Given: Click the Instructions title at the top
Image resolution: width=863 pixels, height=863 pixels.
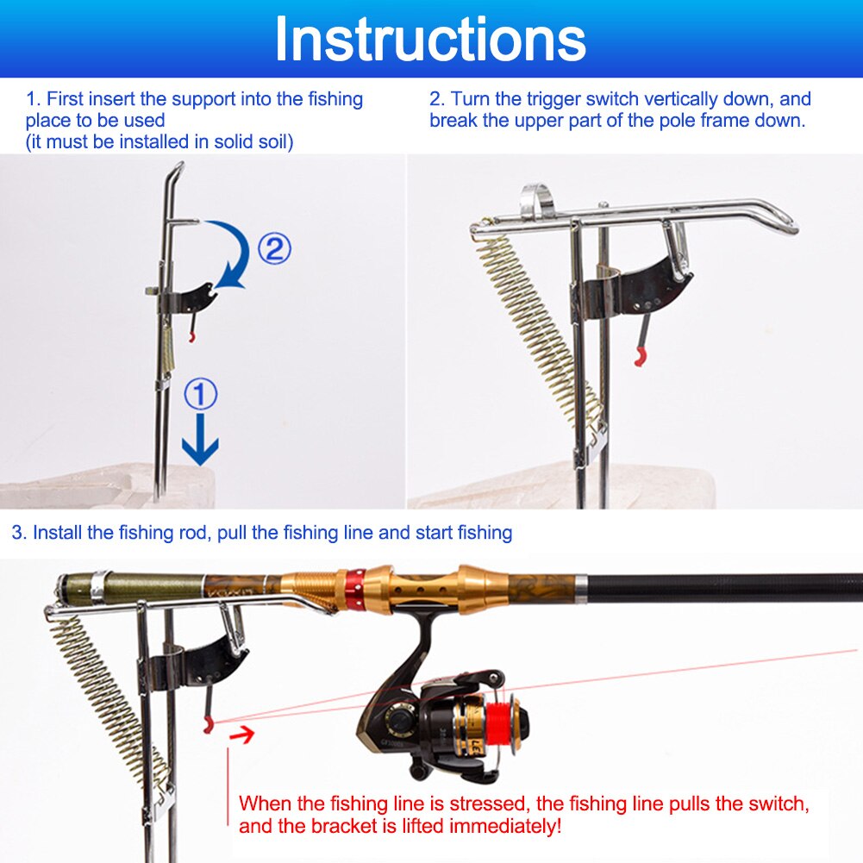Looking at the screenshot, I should [430, 39].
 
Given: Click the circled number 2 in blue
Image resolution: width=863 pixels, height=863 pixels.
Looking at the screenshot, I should [274, 249].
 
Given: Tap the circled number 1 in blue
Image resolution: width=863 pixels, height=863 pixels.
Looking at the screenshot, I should [200, 395].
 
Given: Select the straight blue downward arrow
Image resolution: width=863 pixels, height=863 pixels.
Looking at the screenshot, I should [200, 444].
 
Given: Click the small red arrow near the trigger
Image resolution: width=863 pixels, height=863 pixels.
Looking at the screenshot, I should [245, 735].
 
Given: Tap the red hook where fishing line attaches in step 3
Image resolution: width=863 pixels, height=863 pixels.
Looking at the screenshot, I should [207, 727].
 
